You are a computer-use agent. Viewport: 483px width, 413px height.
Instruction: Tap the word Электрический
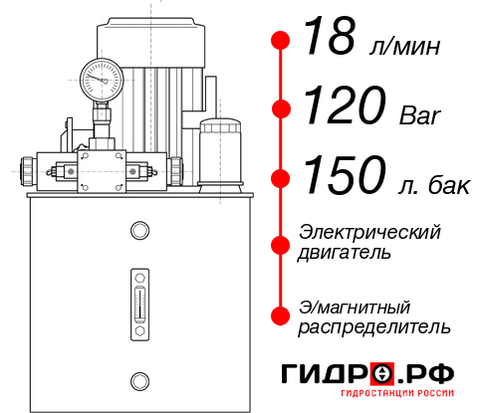click(x=369, y=233)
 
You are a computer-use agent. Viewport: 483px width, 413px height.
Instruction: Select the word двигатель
click(x=345, y=253)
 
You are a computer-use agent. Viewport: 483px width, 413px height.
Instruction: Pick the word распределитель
click(x=374, y=326)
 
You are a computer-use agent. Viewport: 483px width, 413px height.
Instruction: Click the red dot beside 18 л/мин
click(x=281, y=41)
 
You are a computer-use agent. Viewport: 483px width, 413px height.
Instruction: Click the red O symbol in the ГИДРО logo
click(x=382, y=374)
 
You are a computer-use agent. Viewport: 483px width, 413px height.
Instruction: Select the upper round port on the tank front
click(x=138, y=232)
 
